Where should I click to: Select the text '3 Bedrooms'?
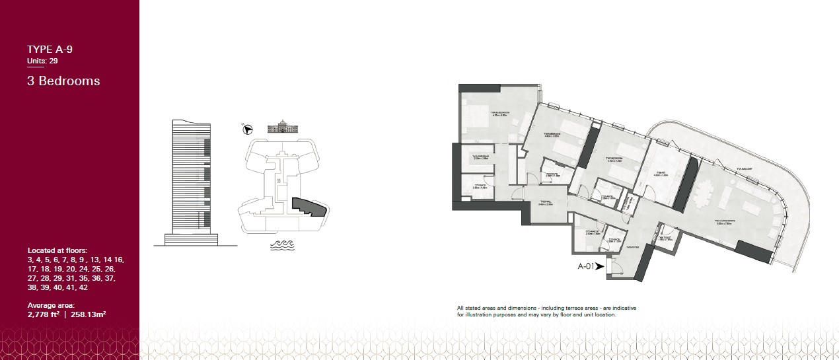[63, 81]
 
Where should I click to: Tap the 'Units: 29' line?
[42, 61]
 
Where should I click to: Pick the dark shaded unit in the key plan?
[309, 207]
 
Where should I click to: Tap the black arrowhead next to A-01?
[600, 267]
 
